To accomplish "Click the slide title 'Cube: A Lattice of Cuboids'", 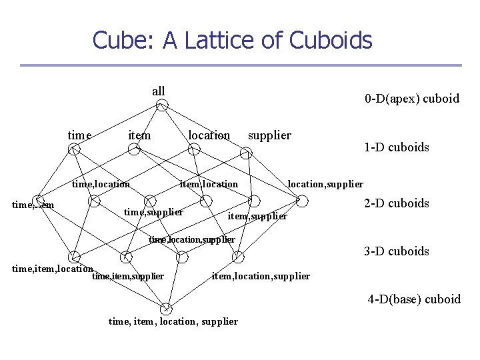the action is pyautogui.click(x=232, y=41).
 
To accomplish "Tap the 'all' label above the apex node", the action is pyautogui.click(x=159, y=91).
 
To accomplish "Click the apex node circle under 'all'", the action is pyautogui.click(x=162, y=105).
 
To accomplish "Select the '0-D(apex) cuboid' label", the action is pyautogui.click(x=412, y=99).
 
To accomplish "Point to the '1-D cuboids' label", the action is pyautogui.click(x=397, y=147).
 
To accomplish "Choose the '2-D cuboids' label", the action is pyautogui.click(x=397, y=203).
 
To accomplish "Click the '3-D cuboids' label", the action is pyautogui.click(x=397, y=251).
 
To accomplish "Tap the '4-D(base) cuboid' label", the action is pyautogui.click(x=414, y=299).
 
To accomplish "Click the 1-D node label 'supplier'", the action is pyautogui.click(x=269, y=135).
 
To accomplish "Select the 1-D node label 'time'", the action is pyautogui.click(x=79, y=135).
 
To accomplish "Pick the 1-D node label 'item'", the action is pyautogui.click(x=139, y=135).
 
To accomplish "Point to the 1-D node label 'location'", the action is pyautogui.click(x=209, y=135).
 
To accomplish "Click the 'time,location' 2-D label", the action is pyautogui.click(x=101, y=184).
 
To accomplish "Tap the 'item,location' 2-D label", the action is pyautogui.click(x=209, y=184).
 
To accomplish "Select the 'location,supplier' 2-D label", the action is pyautogui.click(x=325, y=184).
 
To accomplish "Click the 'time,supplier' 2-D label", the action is pyautogui.click(x=154, y=212).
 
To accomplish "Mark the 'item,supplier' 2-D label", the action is pyautogui.click(x=257, y=216).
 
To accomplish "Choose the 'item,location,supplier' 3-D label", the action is pyautogui.click(x=261, y=276).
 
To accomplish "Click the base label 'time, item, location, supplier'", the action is pyautogui.click(x=173, y=321).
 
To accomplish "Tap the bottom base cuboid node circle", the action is pyautogui.click(x=167, y=308).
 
